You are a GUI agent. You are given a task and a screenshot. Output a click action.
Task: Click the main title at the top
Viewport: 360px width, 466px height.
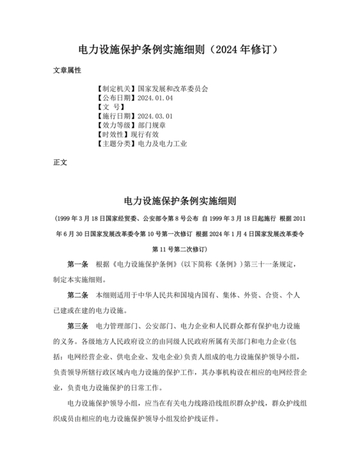click(x=179, y=50)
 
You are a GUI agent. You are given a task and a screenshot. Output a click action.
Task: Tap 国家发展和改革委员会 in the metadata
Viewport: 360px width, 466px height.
click(x=173, y=89)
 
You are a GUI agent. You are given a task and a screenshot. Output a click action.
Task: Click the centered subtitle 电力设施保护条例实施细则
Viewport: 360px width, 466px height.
click(x=179, y=200)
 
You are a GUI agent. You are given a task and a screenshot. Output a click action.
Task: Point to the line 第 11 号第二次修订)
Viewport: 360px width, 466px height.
click(x=179, y=248)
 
